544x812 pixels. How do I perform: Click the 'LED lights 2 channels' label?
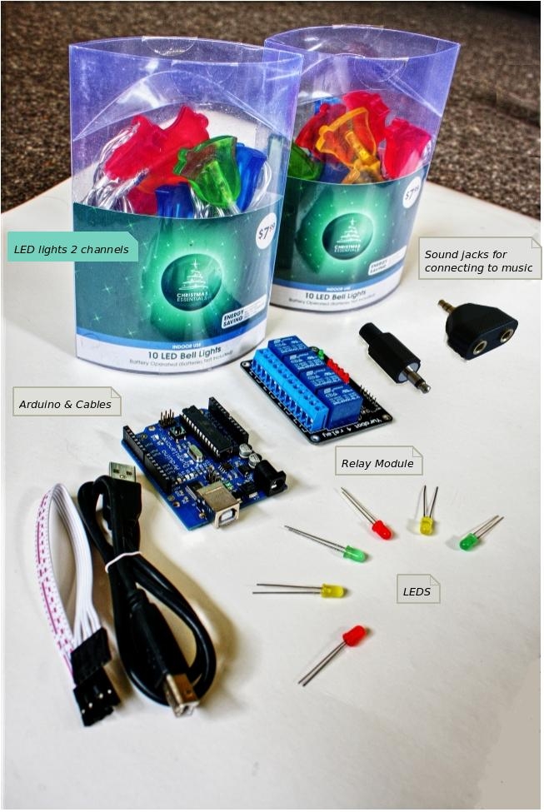tap(71, 248)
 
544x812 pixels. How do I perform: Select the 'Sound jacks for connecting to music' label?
tap(477, 261)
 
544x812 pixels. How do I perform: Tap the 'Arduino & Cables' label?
tap(66, 404)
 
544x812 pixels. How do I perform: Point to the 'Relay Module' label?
tap(377, 463)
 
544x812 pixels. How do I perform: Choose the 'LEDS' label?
tap(417, 590)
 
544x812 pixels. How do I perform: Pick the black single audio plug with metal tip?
tap(392, 355)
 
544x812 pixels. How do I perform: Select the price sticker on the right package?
tap(412, 194)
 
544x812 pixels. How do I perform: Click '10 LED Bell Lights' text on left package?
tap(178, 353)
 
